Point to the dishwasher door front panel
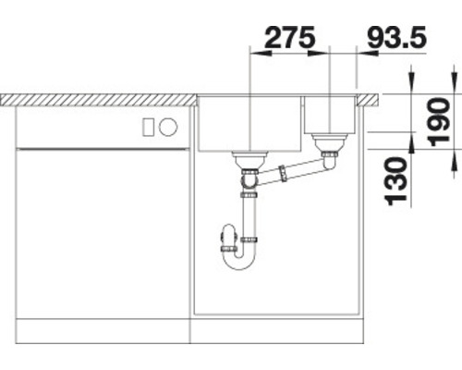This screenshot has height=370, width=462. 102,231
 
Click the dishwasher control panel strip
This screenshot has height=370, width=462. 102,127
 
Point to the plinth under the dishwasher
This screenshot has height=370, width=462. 102,327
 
